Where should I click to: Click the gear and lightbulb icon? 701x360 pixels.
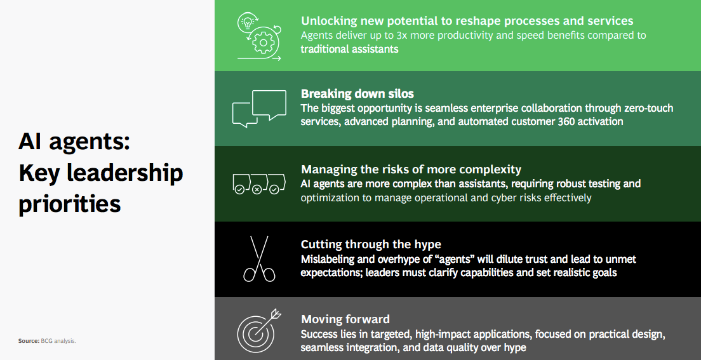pyautogui.click(x=259, y=36)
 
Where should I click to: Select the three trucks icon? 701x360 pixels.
pyautogui.click(x=257, y=183)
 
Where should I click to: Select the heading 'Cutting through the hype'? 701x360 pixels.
pyautogui.click(x=371, y=244)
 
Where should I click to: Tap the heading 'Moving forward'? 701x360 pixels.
pyautogui.click(x=345, y=319)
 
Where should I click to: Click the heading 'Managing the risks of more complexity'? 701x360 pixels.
pyautogui.click(x=411, y=170)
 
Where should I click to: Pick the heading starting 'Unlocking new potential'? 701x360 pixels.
pyautogui.click(x=467, y=21)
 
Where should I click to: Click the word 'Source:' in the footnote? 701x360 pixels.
pyautogui.click(x=28, y=341)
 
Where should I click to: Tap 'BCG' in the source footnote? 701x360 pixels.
pyautogui.click(x=48, y=341)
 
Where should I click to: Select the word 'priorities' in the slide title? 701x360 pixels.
pyautogui.click(x=70, y=204)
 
